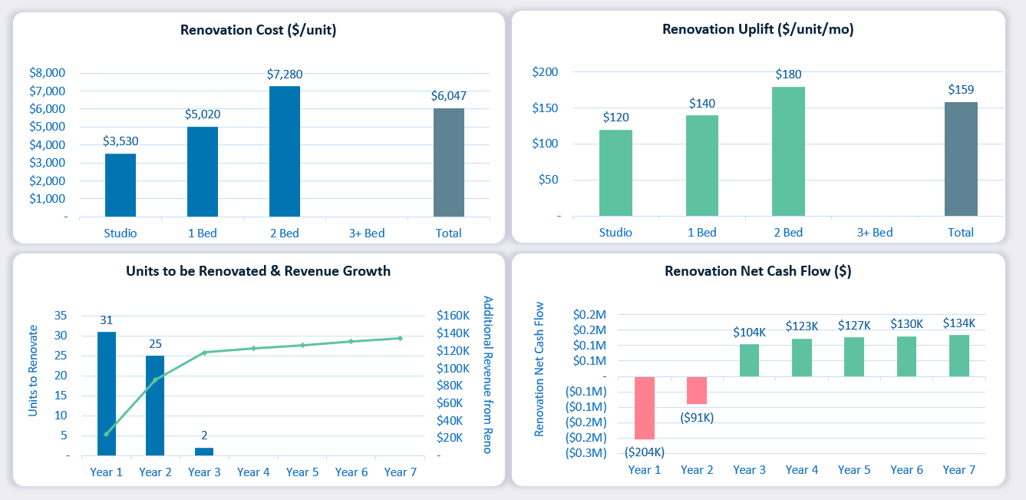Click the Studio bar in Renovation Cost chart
(x=120, y=185)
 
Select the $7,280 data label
(x=284, y=75)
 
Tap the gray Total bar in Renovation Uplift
(x=961, y=159)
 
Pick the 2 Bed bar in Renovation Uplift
(x=788, y=151)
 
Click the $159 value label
(x=961, y=90)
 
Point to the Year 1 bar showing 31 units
(x=107, y=393)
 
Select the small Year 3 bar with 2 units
(x=204, y=452)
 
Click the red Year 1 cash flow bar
(x=645, y=408)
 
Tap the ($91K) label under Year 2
(x=697, y=417)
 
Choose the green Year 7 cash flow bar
(x=959, y=356)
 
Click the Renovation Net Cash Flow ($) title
(x=757, y=271)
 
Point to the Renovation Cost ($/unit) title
(x=259, y=31)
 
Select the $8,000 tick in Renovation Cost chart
(x=47, y=73)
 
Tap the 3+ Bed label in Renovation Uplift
(x=875, y=232)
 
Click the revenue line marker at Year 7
(x=401, y=338)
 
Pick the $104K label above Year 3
(x=749, y=332)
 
